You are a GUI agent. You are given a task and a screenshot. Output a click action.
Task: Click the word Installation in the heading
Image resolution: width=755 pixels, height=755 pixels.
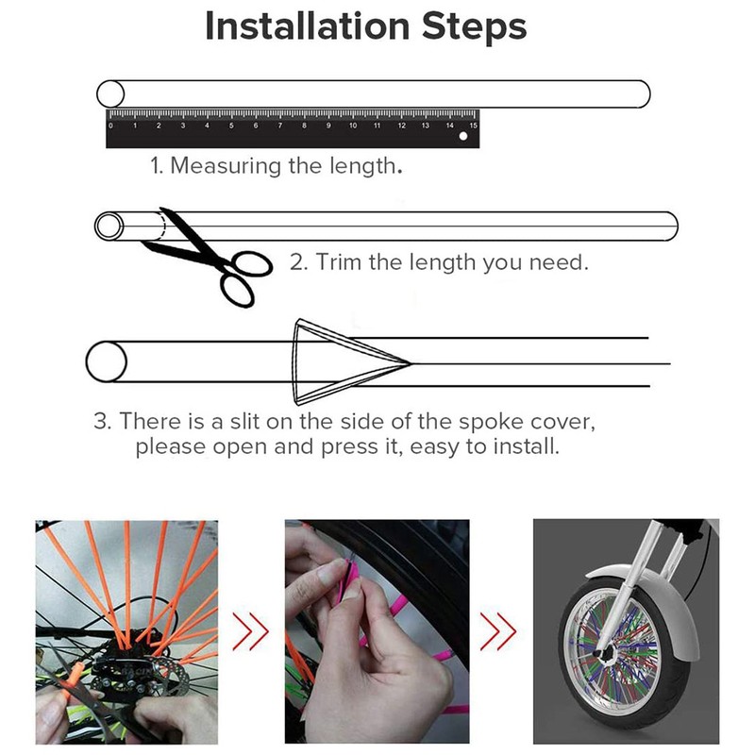308,26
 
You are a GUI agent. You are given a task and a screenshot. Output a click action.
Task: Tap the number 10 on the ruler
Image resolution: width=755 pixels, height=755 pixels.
353,126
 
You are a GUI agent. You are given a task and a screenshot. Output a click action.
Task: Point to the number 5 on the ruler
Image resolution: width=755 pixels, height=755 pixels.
231,126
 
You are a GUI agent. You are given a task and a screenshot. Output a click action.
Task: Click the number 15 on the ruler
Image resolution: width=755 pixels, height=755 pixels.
474,126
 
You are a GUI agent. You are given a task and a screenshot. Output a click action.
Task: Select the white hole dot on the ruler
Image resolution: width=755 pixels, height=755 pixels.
463,136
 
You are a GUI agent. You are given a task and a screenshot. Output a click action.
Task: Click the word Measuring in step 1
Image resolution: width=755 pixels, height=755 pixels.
226,166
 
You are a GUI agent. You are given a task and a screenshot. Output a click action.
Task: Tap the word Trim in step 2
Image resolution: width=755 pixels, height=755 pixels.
339,262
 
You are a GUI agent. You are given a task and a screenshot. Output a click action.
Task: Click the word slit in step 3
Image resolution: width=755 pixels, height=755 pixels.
244,421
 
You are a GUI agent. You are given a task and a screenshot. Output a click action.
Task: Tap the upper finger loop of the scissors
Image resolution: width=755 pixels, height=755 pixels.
252,264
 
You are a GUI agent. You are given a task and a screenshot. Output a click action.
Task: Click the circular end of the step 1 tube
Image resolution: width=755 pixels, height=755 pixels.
110,93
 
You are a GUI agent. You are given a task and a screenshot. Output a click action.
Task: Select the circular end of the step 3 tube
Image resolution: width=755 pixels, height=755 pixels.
107,361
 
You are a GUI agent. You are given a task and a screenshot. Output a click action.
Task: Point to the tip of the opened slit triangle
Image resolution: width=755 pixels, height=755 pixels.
411,363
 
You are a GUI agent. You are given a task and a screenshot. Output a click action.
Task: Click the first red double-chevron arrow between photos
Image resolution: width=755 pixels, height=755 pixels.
250,631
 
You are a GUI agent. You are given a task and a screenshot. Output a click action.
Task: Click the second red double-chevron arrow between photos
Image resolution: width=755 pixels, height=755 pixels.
498,631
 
